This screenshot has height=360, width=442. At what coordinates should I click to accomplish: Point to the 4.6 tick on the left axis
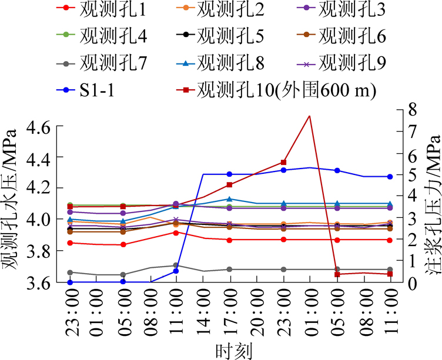click(44, 126)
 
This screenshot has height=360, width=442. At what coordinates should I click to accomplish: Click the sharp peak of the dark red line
click(310, 116)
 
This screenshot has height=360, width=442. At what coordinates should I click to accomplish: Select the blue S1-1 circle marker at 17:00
click(230, 174)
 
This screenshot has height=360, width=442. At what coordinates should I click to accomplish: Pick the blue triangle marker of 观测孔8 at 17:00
click(230, 199)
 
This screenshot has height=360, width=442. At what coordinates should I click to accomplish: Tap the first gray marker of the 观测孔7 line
click(70, 272)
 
